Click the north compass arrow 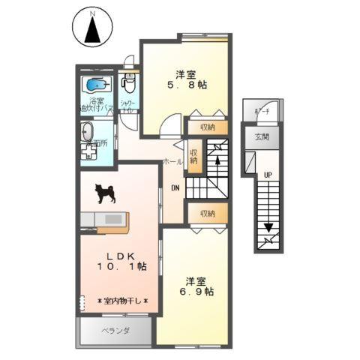click(x=91, y=31)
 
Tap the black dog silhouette click(x=106, y=193)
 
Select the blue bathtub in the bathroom click(x=96, y=84)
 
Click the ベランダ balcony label click(x=115, y=331)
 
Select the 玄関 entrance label click(x=260, y=136)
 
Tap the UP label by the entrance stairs click(x=266, y=175)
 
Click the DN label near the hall click(x=175, y=187)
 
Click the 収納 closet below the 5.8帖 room click(x=207, y=127)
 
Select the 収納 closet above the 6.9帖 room click(x=207, y=213)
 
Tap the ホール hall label click(x=172, y=161)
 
